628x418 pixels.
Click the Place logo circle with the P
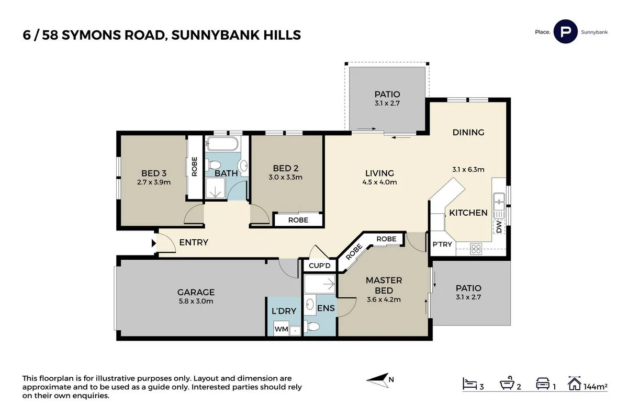click(565, 31)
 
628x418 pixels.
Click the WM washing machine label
click(281, 330)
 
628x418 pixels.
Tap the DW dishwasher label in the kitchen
click(499, 227)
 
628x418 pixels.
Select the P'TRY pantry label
click(442, 245)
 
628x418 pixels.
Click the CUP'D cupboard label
click(320, 266)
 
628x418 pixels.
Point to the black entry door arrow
click(154, 242)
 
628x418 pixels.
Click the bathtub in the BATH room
click(222, 144)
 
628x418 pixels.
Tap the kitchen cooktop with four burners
click(476, 249)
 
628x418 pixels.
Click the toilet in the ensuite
click(313, 327)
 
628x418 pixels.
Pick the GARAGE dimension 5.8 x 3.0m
click(196, 301)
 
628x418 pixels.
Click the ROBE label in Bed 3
click(194, 167)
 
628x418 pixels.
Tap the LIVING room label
click(379, 173)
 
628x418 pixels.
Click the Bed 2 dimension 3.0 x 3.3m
click(285, 177)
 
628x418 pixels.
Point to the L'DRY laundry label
click(284, 311)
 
